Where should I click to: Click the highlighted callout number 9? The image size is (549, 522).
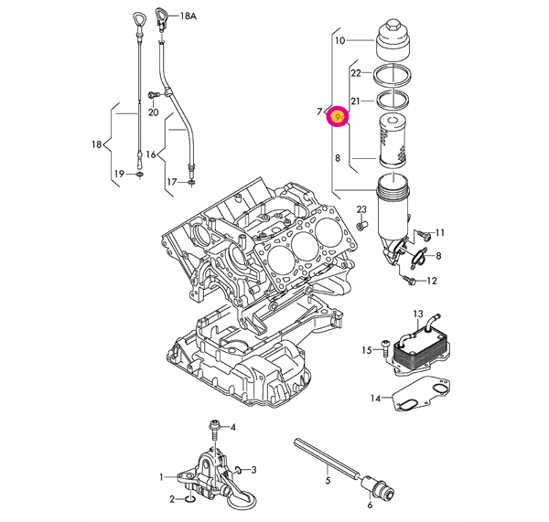338,116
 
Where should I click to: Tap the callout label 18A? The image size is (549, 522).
188,16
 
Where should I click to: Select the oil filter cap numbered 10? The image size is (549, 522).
393,41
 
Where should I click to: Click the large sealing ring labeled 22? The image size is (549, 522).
392,75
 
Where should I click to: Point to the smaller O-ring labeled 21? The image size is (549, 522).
393,100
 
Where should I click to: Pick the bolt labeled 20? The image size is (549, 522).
153,94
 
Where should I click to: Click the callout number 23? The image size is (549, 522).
361,209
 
